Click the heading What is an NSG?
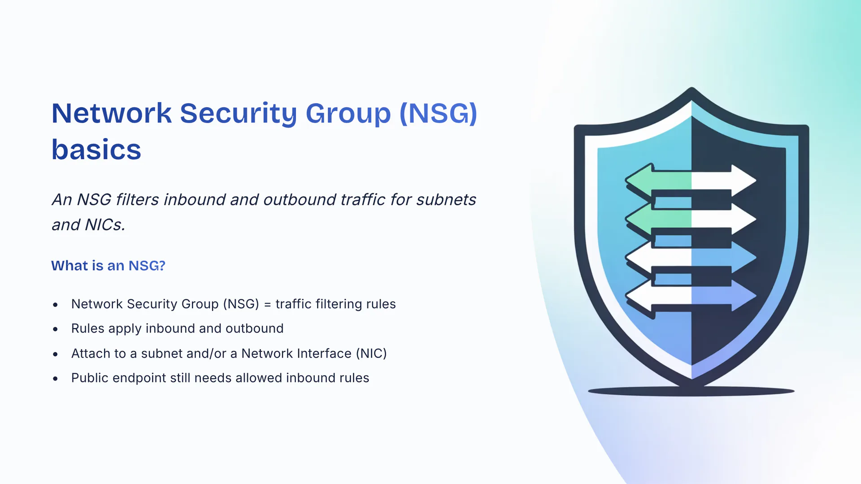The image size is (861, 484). pos(108,265)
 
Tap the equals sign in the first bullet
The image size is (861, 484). pos(267,304)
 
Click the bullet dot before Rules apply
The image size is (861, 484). pos(55,329)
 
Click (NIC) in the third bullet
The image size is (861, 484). pos(371,353)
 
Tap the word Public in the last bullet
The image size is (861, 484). pos(90,378)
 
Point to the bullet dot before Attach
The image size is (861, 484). pos(55,354)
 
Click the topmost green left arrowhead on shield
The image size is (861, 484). pos(639,181)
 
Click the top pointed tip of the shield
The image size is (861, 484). pos(691,90)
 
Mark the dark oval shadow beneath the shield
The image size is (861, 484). pos(691,392)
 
